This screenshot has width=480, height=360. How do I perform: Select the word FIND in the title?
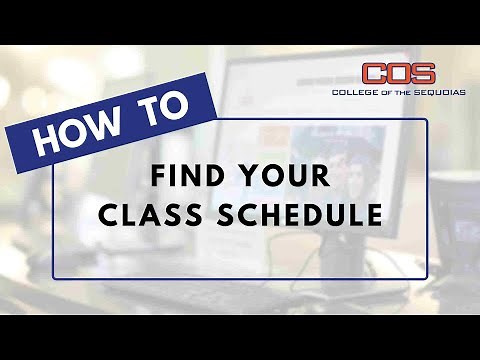pos(184,177)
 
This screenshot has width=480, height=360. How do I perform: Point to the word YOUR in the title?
pos(290,177)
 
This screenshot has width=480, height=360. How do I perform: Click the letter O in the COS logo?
pos(399,74)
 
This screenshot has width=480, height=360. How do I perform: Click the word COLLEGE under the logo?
pos(354,92)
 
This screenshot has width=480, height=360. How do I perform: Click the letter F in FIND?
pos(157,177)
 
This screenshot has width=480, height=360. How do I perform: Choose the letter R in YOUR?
pos(323,177)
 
